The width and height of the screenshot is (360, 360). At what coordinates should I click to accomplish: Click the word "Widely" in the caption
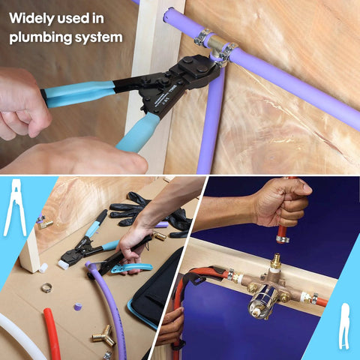(x=32, y=16)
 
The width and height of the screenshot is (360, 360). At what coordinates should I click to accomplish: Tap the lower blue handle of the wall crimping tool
(x=138, y=133)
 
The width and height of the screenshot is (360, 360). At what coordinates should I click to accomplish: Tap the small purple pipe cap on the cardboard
(x=77, y=307)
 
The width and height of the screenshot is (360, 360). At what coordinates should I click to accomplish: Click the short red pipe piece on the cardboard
(x=52, y=331)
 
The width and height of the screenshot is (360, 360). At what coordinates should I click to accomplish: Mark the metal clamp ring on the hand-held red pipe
(x=283, y=239)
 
